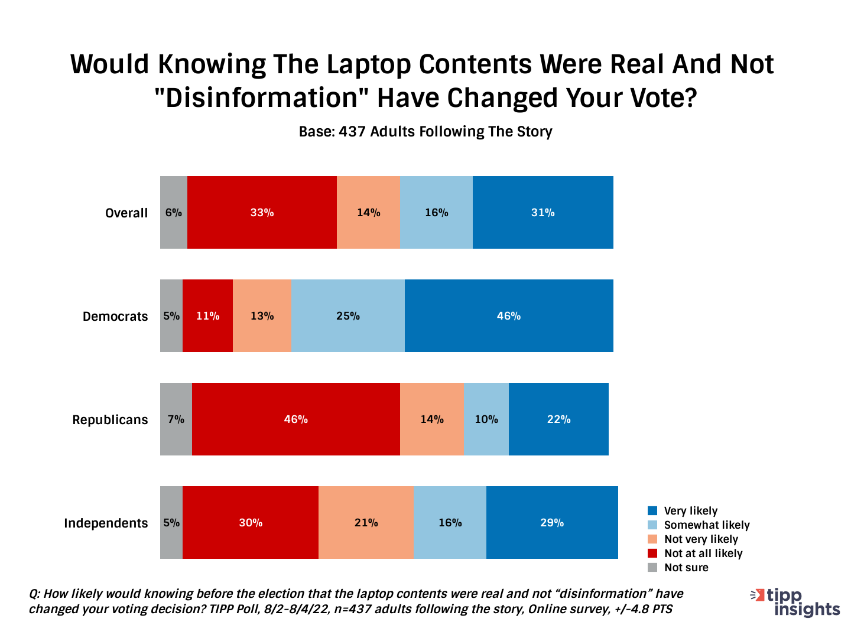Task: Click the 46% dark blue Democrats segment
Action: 509,316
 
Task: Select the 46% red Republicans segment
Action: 295,419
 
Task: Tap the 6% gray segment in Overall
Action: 174,213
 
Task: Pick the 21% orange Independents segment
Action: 366,523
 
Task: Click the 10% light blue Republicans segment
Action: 486,419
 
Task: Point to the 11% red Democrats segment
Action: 207,316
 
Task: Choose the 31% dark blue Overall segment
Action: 543,213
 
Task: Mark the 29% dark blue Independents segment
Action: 552,523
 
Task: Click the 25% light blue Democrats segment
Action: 348,316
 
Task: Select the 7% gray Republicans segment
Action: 176,419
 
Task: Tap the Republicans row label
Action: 110,420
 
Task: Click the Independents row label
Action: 106,523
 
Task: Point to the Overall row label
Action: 126,213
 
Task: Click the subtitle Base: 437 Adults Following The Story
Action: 425,132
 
